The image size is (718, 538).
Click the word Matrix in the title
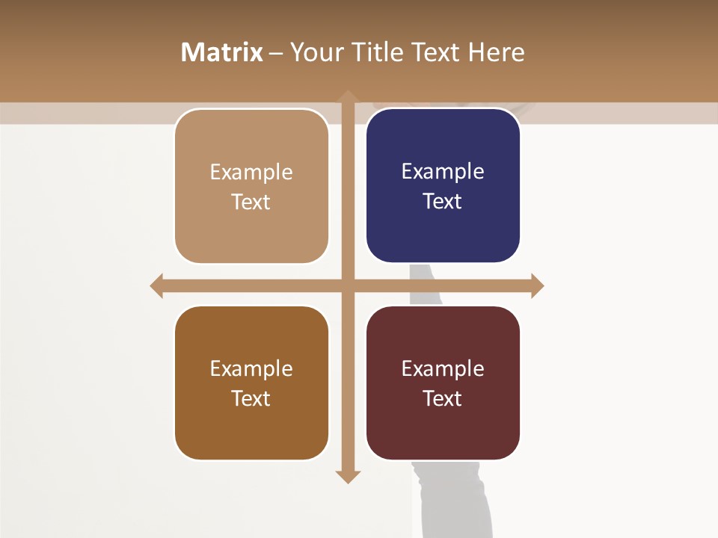[221, 52]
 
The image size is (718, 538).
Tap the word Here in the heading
[496, 52]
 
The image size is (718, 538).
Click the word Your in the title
[313, 52]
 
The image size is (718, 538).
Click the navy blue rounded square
[443, 185]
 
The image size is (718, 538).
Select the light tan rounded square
[251, 185]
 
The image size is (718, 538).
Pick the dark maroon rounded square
[443, 383]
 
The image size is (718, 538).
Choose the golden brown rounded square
[251, 383]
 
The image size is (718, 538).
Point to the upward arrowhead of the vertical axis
[347, 96]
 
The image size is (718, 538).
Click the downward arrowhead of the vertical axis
[347, 477]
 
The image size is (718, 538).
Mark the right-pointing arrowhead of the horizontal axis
[537, 285]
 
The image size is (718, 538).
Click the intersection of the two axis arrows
[347, 285]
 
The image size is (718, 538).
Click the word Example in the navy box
[443, 171]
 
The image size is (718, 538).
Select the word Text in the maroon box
[443, 398]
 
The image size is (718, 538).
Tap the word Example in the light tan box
[251, 172]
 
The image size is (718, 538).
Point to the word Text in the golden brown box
[251, 398]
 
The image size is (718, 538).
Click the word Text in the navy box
[443, 201]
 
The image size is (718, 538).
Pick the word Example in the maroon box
[443, 368]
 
